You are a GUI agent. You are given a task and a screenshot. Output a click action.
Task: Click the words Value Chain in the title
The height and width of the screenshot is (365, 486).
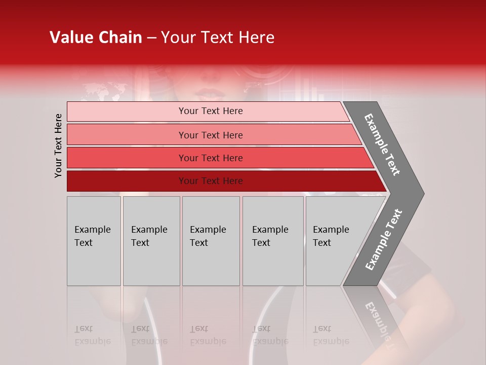click(96, 38)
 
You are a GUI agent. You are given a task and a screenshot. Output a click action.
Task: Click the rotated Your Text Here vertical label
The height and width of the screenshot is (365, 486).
click(58, 145)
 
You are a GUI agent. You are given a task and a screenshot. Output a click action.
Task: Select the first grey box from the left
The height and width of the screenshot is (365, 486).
click(94, 241)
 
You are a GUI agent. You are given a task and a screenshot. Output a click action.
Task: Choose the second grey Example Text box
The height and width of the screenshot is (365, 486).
click(151, 241)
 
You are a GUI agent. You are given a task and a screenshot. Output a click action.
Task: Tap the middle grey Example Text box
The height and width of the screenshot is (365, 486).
click(211, 241)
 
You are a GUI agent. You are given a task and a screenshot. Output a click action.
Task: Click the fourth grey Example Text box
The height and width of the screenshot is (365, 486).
click(273, 241)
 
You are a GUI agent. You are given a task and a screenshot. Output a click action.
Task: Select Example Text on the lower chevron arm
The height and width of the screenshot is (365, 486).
click(383, 240)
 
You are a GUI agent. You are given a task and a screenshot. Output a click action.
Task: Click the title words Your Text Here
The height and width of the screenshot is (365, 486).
click(218, 38)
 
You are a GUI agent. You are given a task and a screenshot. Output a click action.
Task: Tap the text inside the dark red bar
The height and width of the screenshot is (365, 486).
click(211, 181)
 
